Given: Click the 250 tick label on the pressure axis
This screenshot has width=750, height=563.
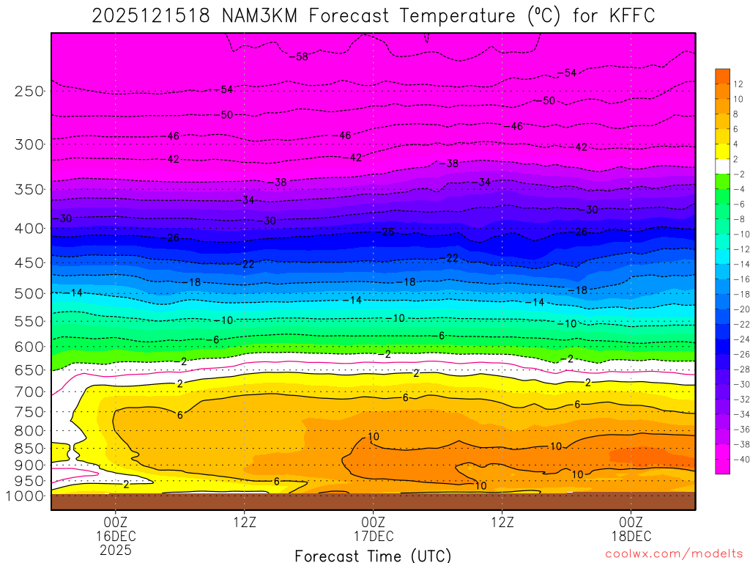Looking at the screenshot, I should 30,92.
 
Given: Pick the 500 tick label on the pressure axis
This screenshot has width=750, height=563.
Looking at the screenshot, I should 30,293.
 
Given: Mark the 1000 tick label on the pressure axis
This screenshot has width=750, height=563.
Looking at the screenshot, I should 26,496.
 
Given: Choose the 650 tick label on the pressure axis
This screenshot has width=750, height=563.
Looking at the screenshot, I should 30,370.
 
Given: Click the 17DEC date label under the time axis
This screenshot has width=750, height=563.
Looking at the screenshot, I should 373,536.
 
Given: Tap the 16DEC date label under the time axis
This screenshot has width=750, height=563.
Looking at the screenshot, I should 116,536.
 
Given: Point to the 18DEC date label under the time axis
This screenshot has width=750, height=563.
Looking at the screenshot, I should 631,536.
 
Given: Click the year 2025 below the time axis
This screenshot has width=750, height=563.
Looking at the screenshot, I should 116,549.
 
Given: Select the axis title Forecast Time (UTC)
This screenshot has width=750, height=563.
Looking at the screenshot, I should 373,556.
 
